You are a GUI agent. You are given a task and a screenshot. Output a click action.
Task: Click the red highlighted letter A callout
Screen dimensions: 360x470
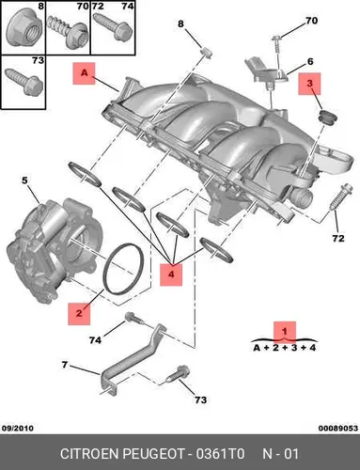[x=84, y=73]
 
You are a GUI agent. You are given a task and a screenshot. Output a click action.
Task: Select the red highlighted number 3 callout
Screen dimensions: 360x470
[x=309, y=84]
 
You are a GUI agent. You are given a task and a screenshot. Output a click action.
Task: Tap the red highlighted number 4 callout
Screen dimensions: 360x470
[x=171, y=274]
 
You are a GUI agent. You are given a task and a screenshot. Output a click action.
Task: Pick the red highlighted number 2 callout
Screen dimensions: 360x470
[x=79, y=313]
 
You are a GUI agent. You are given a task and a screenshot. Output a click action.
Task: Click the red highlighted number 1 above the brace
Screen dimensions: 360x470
[x=285, y=331]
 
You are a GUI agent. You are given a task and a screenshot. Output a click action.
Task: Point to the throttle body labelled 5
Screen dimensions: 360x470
[x=55, y=251]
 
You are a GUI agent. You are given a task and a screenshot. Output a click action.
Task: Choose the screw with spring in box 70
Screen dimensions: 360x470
[x=68, y=33]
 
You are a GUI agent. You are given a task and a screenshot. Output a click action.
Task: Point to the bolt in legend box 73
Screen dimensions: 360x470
[x=23, y=82]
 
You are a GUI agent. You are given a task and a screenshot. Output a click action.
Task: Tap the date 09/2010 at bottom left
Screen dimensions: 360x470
[x=18, y=428]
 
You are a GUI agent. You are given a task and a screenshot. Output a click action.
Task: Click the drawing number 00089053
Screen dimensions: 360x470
[x=338, y=428]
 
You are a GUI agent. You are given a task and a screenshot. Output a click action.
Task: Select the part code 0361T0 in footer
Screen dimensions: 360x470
[x=220, y=454]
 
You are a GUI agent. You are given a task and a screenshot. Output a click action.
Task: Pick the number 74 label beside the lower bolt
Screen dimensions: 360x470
[x=95, y=340]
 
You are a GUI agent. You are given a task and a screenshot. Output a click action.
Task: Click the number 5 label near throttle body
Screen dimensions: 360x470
[x=24, y=180]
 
